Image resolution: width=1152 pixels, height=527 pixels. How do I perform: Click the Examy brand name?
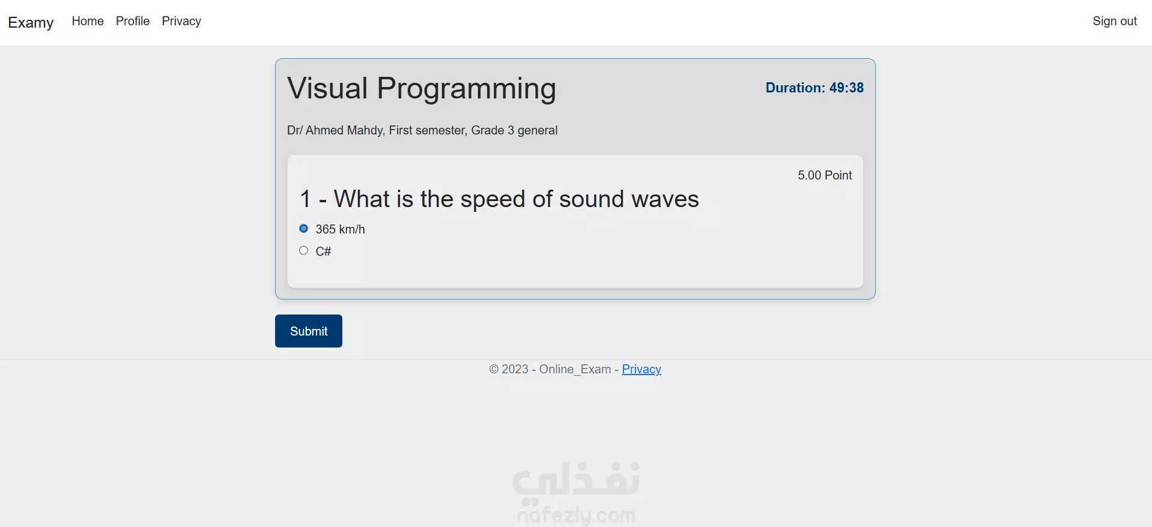point(31,22)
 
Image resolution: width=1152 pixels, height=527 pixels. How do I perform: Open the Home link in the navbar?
point(88,21)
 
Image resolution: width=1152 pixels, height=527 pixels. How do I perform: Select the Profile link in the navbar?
point(133,21)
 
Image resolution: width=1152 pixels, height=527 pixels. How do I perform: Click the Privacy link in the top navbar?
point(181,22)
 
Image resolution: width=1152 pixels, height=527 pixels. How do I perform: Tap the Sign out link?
point(1115,22)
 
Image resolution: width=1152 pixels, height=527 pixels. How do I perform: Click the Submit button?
point(309,331)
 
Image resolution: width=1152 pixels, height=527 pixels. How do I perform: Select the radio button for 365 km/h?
point(304,229)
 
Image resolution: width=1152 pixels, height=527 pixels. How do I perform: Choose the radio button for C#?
point(304,251)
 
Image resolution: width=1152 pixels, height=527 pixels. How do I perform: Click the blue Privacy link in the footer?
point(641,370)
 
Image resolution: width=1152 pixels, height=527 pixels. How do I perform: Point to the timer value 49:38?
point(846,88)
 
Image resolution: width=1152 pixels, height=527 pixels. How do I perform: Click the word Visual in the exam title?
point(327,88)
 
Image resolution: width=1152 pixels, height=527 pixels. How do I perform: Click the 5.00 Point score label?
point(825,175)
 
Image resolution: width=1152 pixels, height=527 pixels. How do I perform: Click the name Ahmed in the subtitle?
point(324,130)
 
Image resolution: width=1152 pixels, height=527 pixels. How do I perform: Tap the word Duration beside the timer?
point(795,88)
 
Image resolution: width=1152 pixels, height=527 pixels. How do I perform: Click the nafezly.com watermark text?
point(576,515)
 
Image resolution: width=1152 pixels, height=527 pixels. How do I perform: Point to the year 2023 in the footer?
point(515,369)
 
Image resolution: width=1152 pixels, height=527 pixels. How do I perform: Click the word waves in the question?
point(665,199)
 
